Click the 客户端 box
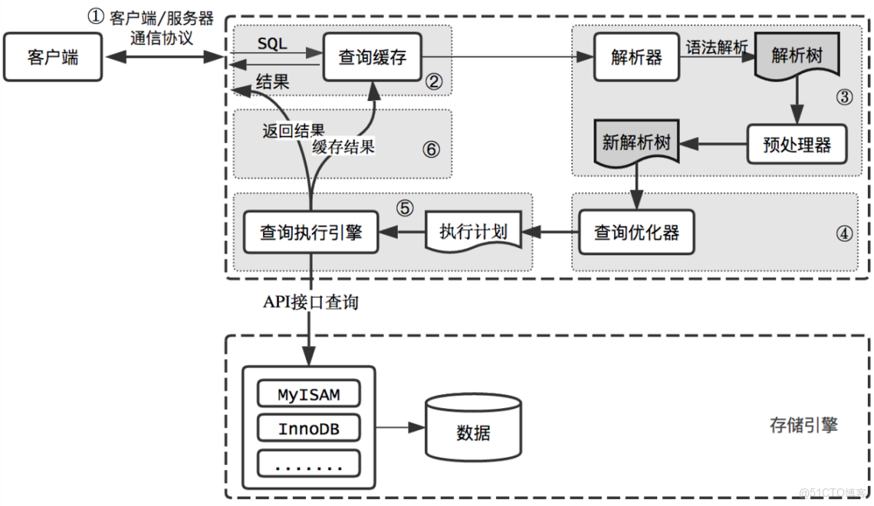click(x=53, y=57)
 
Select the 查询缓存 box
click(x=373, y=57)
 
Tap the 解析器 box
click(x=637, y=57)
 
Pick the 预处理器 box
click(x=797, y=144)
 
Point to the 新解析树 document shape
click(x=636, y=143)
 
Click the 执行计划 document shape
click(x=473, y=231)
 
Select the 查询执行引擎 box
click(x=310, y=232)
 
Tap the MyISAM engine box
click(x=308, y=394)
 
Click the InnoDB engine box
click(x=308, y=429)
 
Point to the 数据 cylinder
click(x=473, y=433)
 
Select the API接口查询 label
click(x=310, y=302)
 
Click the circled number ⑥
click(x=431, y=149)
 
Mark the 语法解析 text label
click(x=716, y=47)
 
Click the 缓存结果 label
click(x=343, y=147)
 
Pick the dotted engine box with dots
click(x=308, y=463)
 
